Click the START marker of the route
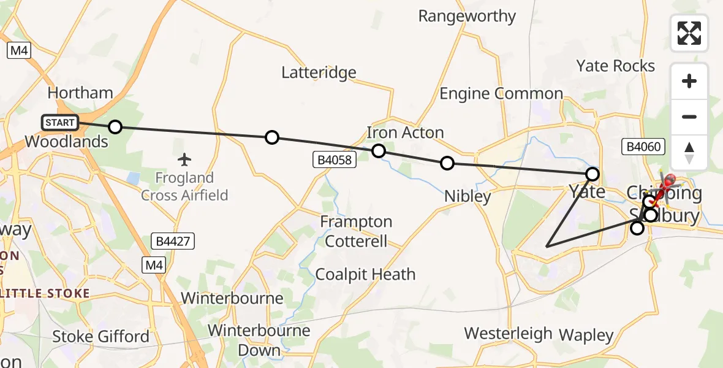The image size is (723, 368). (x=60, y=123)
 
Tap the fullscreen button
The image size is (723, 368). (x=689, y=33)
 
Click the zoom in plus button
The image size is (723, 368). (x=689, y=81)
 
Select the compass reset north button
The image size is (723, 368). (x=689, y=152)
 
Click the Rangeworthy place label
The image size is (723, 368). (x=467, y=16)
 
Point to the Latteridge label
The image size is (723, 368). (x=319, y=72)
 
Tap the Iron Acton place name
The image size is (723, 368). (x=405, y=132)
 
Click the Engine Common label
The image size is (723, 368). (x=501, y=94)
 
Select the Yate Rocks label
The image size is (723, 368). (x=616, y=66)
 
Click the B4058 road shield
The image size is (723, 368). (x=334, y=160)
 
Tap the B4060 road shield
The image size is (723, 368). (x=642, y=147)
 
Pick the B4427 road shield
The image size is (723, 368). (x=172, y=241)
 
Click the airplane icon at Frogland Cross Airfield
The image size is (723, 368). (x=184, y=160)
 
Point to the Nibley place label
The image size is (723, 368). (x=468, y=197)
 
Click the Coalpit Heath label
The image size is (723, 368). (x=365, y=274)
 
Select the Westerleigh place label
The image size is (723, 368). (x=508, y=334)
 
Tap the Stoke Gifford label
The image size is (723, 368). (x=100, y=336)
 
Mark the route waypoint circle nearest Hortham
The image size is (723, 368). (x=115, y=128)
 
